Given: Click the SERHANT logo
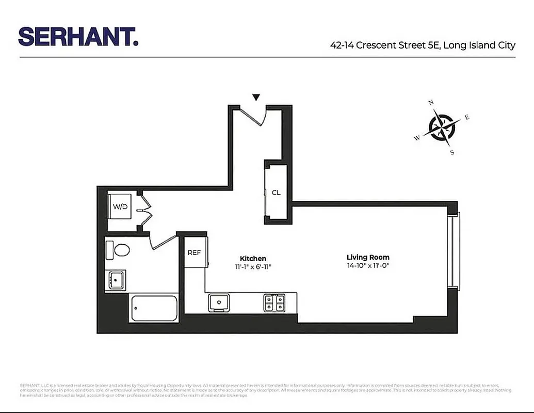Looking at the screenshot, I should [78, 37].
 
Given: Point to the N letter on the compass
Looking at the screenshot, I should [431, 103].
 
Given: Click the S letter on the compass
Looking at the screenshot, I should [452, 152].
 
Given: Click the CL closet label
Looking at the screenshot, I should [276, 193].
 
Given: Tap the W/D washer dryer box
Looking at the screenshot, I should [121, 206].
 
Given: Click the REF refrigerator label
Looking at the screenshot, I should [194, 253].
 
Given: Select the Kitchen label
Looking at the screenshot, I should [253, 258].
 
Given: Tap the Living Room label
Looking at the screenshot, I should [368, 257].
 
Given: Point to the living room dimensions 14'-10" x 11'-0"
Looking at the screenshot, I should [368, 266].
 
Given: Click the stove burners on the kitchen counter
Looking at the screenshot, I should [274, 302].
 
